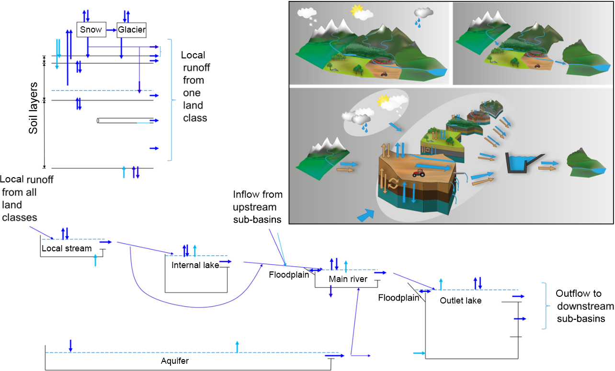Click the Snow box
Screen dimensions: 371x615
click(x=91, y=30)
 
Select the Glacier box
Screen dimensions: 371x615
click(x=132, y=30)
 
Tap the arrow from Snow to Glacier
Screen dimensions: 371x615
click(x=111, y=30)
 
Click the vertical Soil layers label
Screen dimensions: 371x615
click(x=34, y=108)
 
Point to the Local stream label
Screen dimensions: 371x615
click(x=66, y=248)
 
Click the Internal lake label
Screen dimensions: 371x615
click(x=195, y=265)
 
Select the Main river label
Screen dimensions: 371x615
click(x=348, y=279)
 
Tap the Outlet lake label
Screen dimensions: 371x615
click(x=460, y=301)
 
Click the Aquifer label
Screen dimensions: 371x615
click(x=175, y=361)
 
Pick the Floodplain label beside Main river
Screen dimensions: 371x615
click(x=289, y=275)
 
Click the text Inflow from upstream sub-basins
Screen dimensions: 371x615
click(x=258, y=207)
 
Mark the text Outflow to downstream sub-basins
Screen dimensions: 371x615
click(x=584, y=306)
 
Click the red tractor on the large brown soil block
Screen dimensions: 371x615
click(x=419, y=172)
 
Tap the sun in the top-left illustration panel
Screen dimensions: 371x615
click(x=357, y=10)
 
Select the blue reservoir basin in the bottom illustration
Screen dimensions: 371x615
click(x=521, y=164)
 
